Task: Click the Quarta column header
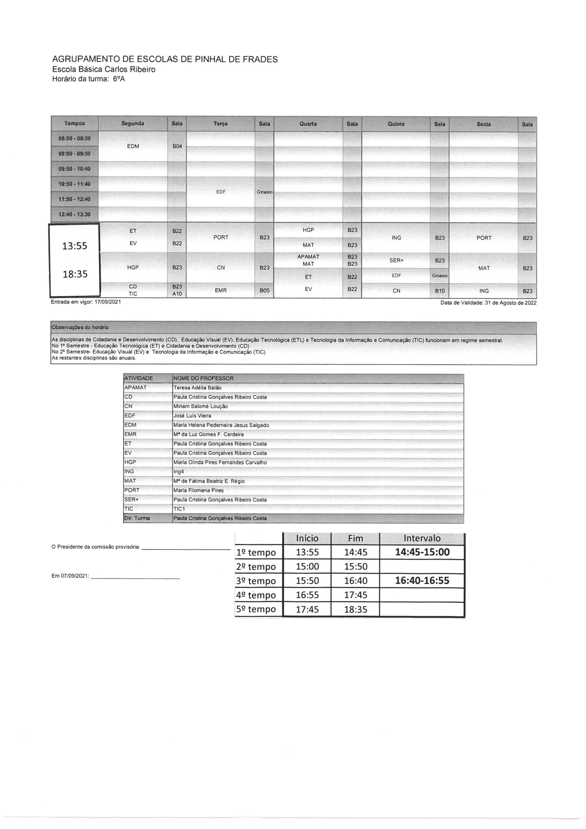(x=308, y=124)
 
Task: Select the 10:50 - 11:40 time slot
(x=74, y=184)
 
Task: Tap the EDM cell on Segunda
(x=133, y=146)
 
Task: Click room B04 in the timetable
(x=177, y=146)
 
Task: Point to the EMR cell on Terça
(x=220, y=290)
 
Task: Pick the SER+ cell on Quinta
(x=396, y=260)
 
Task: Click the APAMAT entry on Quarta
(x=308, y=257)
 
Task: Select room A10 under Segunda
(x=177, y=294)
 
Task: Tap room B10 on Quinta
(x=439, y=291)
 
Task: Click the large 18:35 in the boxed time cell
(x=75, y=274)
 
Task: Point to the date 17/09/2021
(x=107, y=302)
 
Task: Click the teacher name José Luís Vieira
(x=192, y=415)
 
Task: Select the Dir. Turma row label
(x=137, y=518)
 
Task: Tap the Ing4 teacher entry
(x=179, y=471)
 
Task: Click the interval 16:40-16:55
(x=422, y=581)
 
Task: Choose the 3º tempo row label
(x=256, y=581)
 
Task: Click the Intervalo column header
(x=422, y=538)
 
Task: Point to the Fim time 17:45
(x=355, y=595)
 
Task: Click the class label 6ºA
(x=119, y=79)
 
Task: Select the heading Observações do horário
(x=80, y=327)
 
